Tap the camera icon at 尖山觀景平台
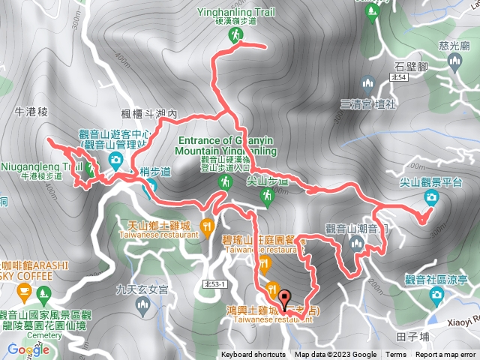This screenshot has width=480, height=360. pos(431,198)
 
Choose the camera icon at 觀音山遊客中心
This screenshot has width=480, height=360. pos(115,159)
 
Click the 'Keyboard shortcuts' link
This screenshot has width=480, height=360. pos(253,355)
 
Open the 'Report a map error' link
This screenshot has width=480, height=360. pos(446,355)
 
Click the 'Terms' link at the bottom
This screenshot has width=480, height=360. pos(396,355)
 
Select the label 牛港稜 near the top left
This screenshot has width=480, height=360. pos(31,111)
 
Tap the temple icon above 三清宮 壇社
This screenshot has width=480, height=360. pos(367,83)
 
